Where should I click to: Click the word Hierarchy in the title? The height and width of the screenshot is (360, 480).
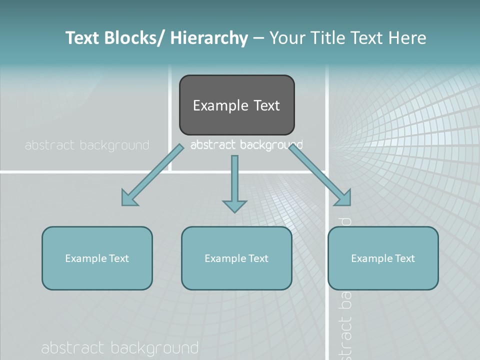[209, 38]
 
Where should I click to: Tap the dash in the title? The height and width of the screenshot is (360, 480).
[258, 38]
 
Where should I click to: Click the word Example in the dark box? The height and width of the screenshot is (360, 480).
[220, 105]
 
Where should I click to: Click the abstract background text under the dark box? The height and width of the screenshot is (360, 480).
[246, 145]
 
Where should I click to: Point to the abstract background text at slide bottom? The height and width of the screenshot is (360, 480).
[120, 348]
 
